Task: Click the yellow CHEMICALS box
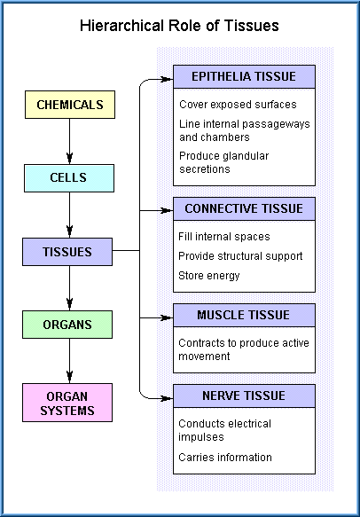(70, 105)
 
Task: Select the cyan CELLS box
(69, 178)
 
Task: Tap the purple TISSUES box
(67, 252)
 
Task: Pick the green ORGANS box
(67, 325)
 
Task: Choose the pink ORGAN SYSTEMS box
(67, 403)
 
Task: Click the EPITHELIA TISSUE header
(245, 76)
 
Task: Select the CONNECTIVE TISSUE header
(245, 208)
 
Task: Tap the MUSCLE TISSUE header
(245, 315)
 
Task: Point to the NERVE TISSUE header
(245, 396)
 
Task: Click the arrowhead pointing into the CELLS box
(69, 158)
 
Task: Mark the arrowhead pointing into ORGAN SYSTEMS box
(69, 377)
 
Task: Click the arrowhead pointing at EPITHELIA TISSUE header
(167, 79)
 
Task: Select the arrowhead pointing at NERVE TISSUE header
(167, 399)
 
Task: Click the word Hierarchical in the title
(122, 26)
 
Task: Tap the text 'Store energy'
(209, 276)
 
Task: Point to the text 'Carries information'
(225, 458)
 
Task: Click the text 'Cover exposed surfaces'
(238, 105)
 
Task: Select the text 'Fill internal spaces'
(224, 237)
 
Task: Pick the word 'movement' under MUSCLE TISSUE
(204, 356)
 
